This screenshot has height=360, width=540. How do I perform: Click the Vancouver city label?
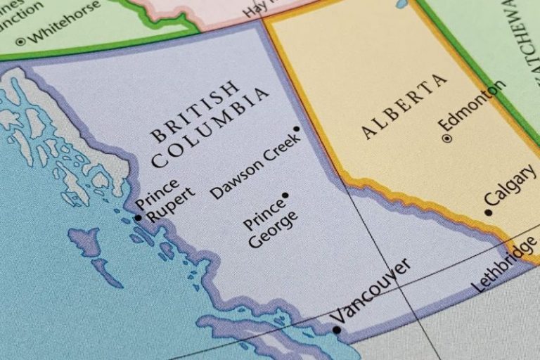(371, 290)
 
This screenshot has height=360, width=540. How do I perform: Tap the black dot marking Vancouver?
(337, 329)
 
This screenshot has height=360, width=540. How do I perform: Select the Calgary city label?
(510, 188)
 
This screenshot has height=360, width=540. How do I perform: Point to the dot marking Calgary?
(488, 212)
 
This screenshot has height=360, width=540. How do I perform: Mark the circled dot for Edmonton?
(446, 139)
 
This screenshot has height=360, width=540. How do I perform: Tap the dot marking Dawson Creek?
(297, 129)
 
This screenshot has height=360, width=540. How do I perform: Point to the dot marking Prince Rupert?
(138, 218)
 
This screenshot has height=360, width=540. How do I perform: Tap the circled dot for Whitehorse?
(20, 41)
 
